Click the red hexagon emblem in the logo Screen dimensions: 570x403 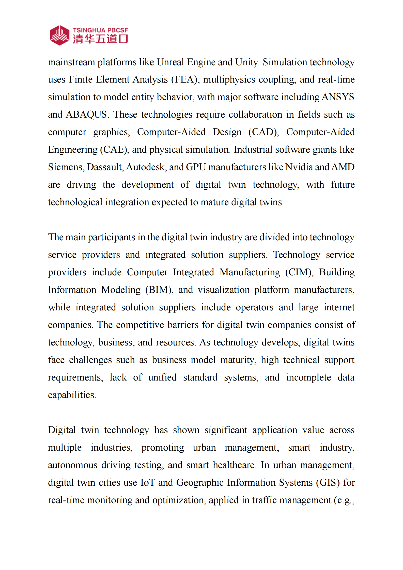point(59,35)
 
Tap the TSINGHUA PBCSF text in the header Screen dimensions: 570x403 point(100,30)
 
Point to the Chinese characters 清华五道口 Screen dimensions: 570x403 point(100,39)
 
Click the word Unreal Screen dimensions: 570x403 point(170,62)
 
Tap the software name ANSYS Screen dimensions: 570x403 point(338,97)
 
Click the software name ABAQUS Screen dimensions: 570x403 point(86,115)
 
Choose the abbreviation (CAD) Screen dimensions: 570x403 point(263,132)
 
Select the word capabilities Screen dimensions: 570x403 point(72,395)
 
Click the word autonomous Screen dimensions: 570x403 point(73,465)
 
